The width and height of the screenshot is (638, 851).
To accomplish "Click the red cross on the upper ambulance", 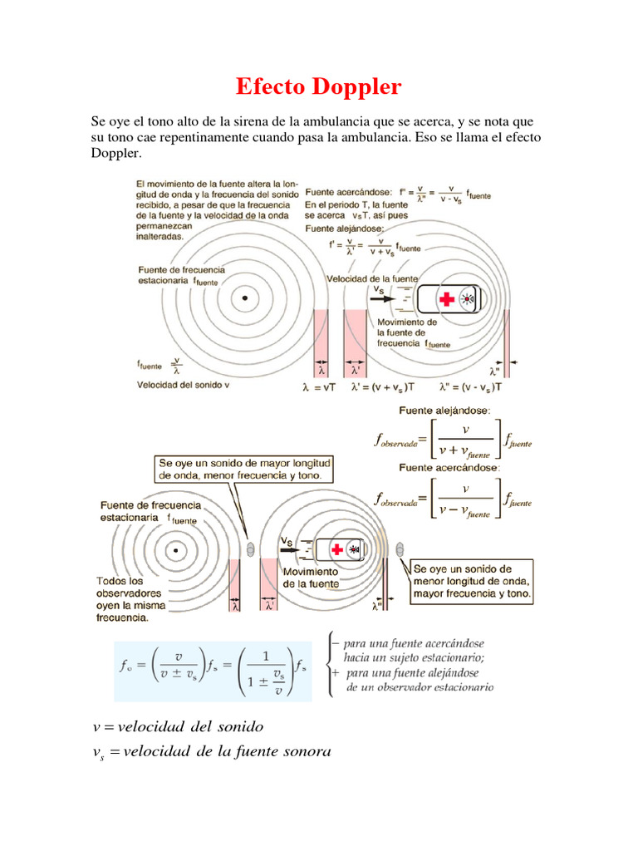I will click(447, 300).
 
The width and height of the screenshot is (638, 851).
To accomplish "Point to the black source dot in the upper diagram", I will click(243, 297).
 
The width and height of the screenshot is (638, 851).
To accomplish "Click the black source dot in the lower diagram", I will click(175, 549).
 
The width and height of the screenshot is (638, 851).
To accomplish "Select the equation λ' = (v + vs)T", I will click(381, 386).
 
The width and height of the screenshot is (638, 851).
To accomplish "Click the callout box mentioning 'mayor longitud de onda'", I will click(245, 469).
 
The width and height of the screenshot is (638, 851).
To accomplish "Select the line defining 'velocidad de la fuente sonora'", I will click(211, 752).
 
